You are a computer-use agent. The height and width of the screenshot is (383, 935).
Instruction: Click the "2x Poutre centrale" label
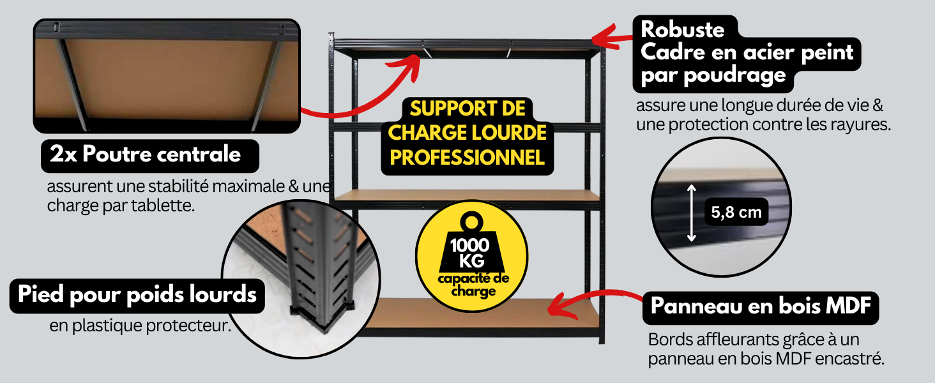pyautogui.click(x=145, y=154)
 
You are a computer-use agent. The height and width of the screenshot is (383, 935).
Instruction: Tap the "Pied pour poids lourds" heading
pyautogui.click(x=137, y=295)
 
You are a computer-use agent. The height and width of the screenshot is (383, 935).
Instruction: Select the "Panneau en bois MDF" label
pyautogui.click(x=761, y=306)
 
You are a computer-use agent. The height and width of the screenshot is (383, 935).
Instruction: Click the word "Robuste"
pyautogui.click(x=683, y=29)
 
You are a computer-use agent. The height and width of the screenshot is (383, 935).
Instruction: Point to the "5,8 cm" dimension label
pyautogui.click(x=736, y=212)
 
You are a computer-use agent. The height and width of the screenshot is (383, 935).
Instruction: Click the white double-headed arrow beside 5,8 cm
pyautogui.click(x=691, y=213)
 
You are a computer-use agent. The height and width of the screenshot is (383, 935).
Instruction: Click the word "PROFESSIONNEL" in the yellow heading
pyautogui.click(x=467, y=157)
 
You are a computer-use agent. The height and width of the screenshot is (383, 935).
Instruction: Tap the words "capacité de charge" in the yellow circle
pyautogui.click(x=473, y=285)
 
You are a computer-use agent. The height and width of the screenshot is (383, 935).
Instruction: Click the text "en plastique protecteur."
pyautogui.click(x=141, y=326)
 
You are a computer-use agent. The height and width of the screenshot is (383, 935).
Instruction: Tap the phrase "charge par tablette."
pyautogui.click(x=121, y=206)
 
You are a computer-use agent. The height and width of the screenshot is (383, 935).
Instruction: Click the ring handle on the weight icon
pyautogui.click(x=472, y=221)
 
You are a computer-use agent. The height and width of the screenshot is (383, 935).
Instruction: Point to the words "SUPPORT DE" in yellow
pyautogui.click(x=467, y=109)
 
